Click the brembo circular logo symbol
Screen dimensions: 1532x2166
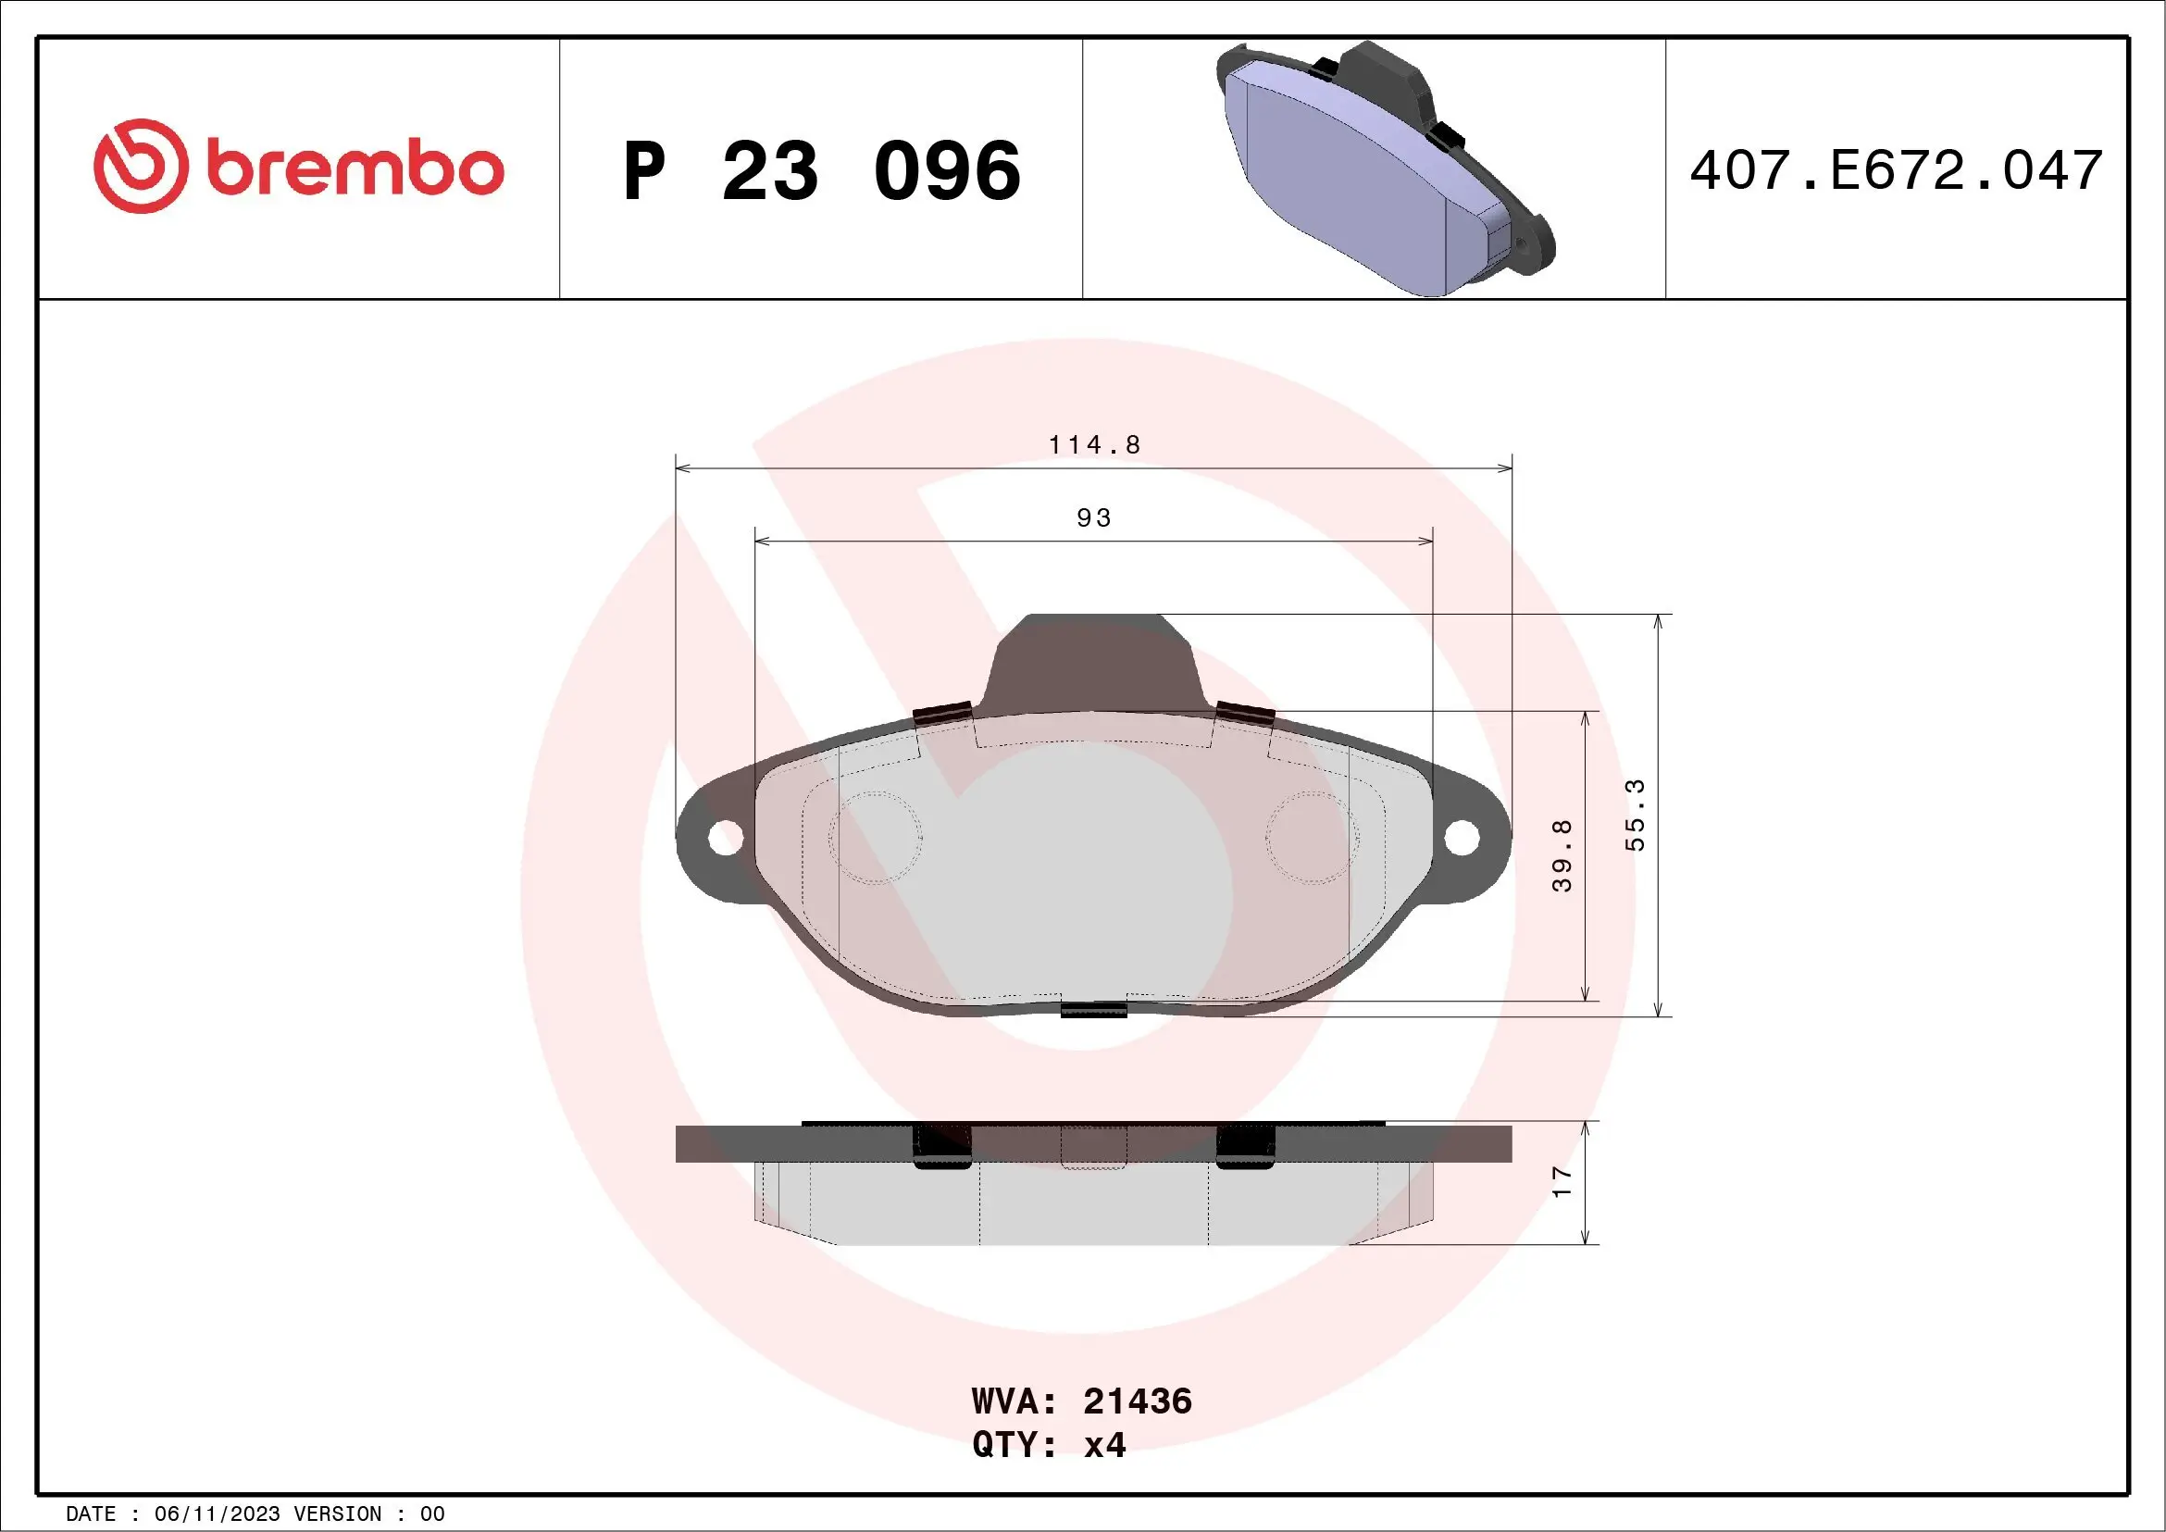click(x=139, y=166)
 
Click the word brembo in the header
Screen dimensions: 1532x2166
click(x=355, y=169)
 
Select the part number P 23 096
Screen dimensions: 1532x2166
click(x=822, y=171)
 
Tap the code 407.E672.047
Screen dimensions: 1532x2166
click(x=1897, y=170)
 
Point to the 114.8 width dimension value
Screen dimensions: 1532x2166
click(x=1094, y=444)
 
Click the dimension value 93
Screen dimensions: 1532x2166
click(x=1094, y=517)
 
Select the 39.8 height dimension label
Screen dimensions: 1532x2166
click(x=1562, y=855)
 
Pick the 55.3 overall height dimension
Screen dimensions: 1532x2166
click(x=1635, y=815)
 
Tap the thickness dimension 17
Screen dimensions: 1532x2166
click(x=1562, y=1182)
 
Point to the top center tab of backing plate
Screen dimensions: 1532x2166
click(x=1094, y=660)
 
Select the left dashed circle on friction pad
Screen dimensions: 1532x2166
click(x=875, y=837)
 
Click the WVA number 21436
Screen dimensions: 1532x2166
click(x=1138, y=1401)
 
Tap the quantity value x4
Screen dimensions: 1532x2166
click(x=1104, y=1445)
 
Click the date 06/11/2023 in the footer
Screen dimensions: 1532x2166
click(x=217, y=1514)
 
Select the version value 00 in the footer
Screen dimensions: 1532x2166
click(x=432, y=1514)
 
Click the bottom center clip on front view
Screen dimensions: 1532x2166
click(x=1094, y=1009)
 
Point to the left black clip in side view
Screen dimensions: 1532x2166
click(x=941, y=1146)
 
